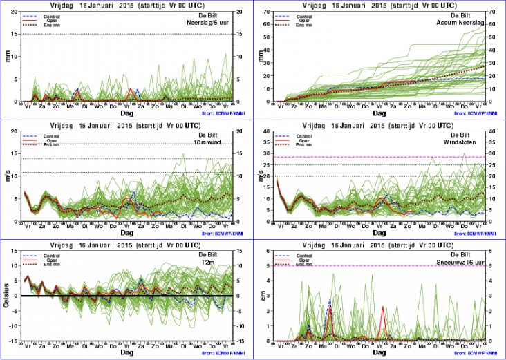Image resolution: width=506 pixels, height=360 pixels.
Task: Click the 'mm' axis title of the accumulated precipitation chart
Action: pyautogui.click(x=260, y=56)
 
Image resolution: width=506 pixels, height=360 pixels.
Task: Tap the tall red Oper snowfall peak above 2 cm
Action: pyautogui.click(x=382, y=307)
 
